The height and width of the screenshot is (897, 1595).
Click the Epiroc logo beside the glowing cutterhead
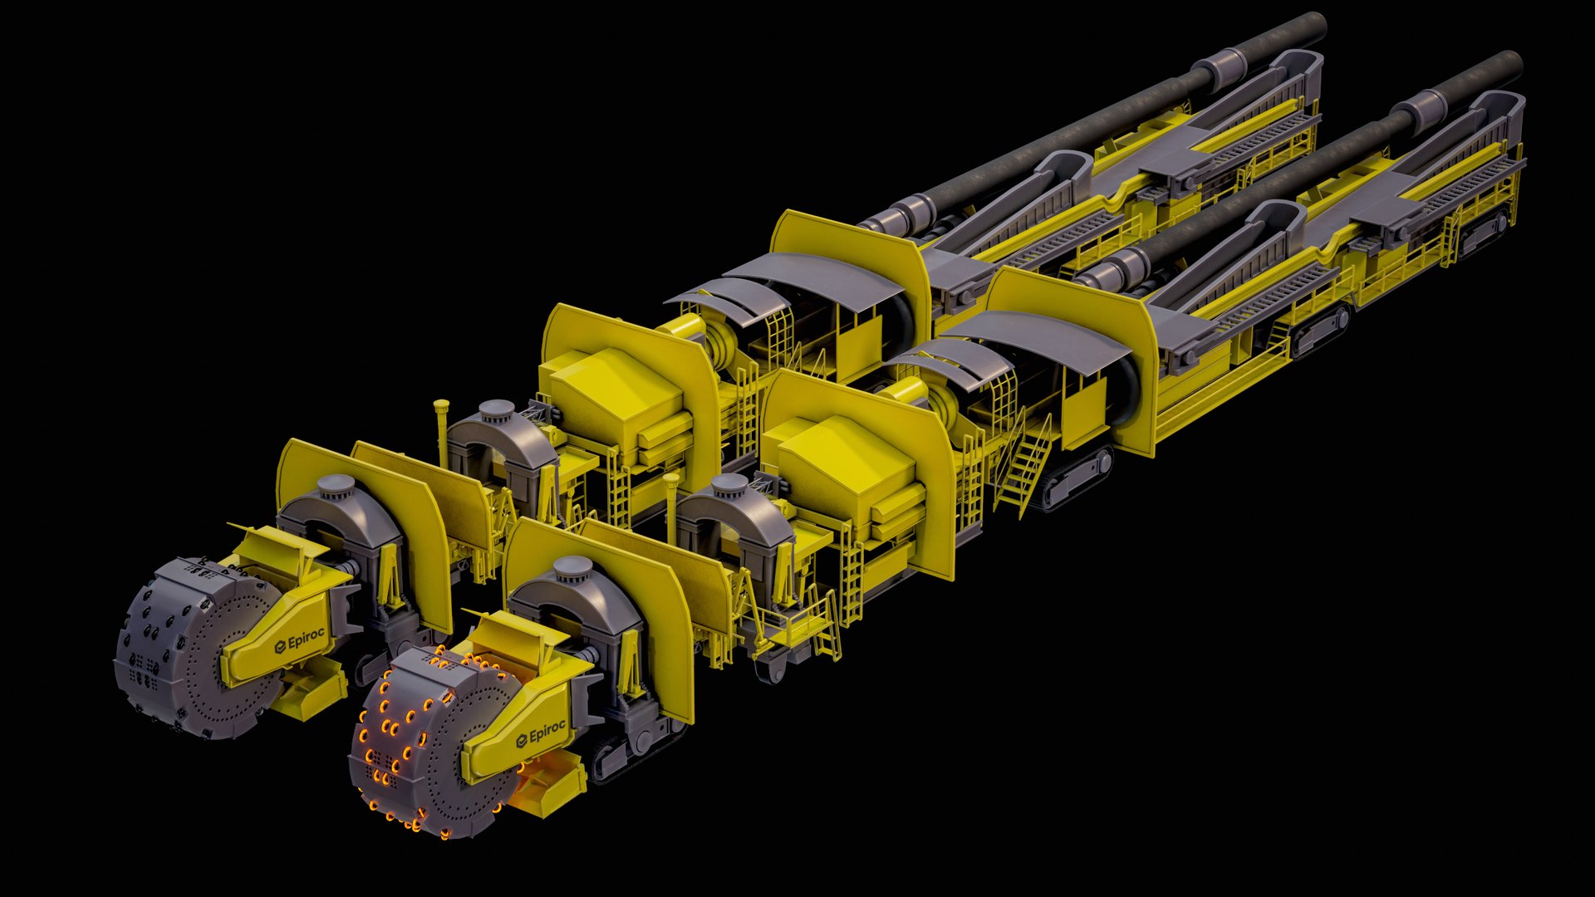[541, 733]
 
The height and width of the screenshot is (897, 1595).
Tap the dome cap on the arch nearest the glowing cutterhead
[572, 568]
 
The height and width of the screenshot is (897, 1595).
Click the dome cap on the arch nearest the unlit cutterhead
[337, 485]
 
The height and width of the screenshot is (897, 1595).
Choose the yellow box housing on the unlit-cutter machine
[619, 382]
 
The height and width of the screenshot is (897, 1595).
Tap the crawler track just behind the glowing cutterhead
[631, 752]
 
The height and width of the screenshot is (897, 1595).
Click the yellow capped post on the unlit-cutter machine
[441, 412]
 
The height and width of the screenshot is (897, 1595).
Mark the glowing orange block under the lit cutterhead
[544, 793]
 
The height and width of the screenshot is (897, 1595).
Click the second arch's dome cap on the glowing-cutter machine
[729, 484]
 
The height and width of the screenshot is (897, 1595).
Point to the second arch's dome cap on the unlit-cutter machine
[498, 409]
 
